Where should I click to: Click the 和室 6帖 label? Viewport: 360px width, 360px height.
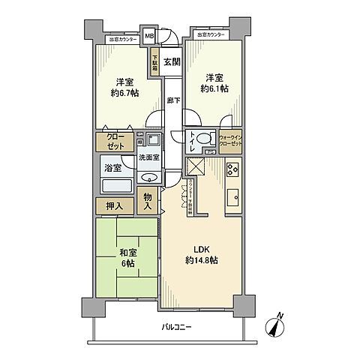[x=125, y=259]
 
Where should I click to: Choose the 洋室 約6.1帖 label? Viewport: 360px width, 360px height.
[x=214, y=83]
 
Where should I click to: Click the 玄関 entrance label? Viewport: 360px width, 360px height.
[x=172, y=63]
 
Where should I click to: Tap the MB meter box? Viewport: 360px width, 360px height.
[x=150, y=36]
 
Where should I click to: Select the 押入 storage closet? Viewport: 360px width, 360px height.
[x=114, y=205]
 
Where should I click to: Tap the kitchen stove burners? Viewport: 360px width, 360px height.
[x=232, y=168]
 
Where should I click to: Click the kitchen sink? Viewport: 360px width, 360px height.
[x=232, y=198]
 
